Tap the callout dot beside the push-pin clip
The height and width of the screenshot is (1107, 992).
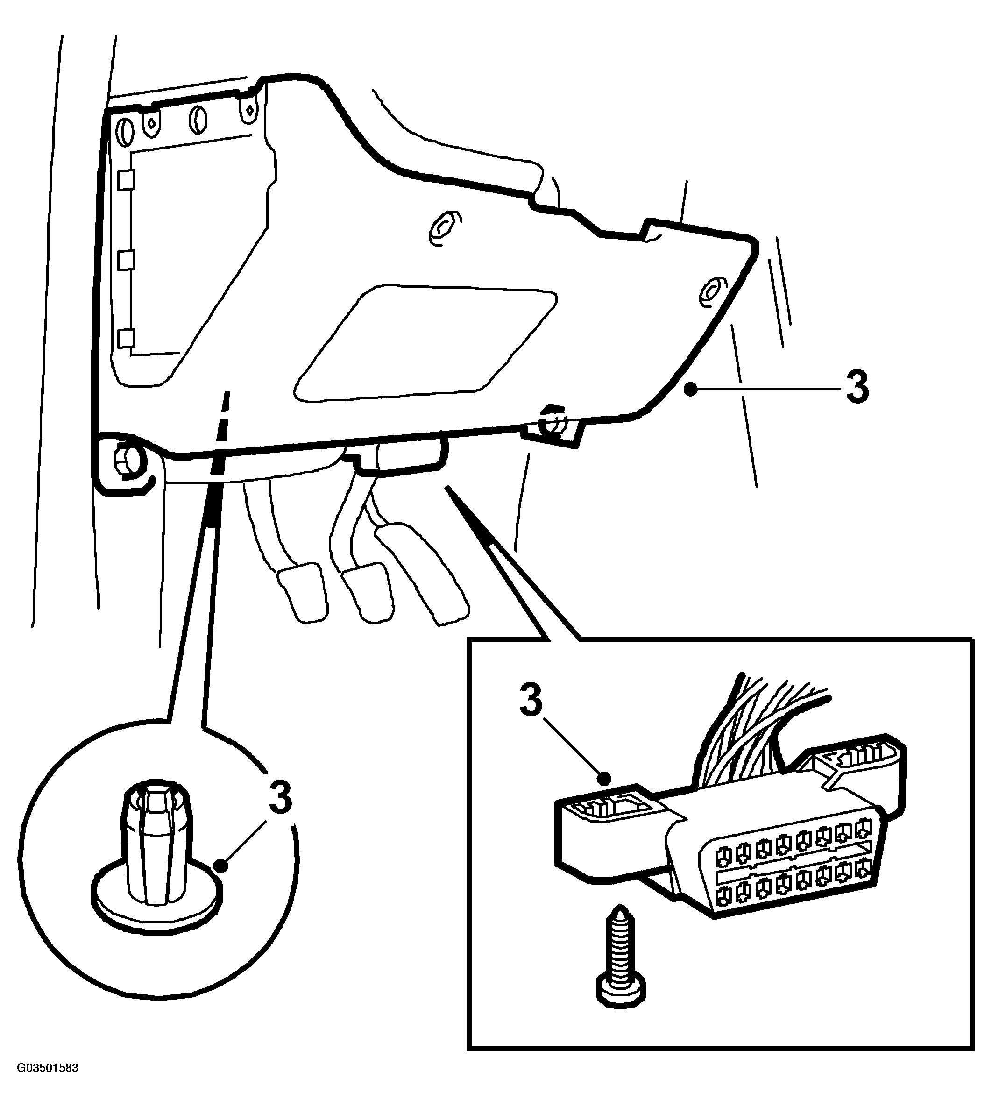(221, 865)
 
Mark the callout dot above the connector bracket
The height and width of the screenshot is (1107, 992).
(603, 778)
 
